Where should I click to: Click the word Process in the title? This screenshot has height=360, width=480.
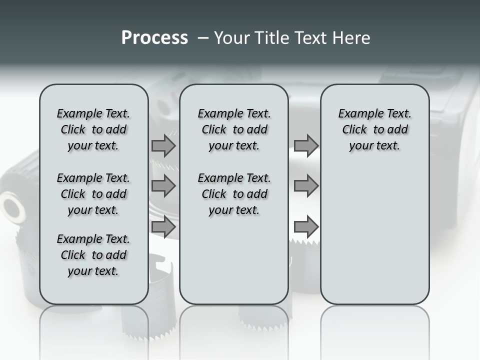tap(154, 38)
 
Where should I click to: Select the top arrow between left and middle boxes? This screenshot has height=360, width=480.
tap(163, 145)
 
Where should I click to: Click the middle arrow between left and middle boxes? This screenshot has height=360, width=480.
tap(163, 186)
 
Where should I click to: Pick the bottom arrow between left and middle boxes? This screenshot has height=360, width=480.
tap(163, 227)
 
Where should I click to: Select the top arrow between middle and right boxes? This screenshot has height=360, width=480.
tap(306, 145)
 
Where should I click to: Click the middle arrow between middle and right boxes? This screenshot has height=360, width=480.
tap(306, 186)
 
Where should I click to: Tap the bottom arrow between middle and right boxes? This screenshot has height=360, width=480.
tap(306, 227)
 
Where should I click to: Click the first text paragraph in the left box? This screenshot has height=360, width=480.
tap(93, 129)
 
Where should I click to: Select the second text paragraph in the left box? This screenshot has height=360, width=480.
tap(93, 194)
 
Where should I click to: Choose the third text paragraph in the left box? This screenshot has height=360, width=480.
tap(93, 255)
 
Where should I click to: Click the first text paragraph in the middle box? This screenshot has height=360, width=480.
tap(234, 129)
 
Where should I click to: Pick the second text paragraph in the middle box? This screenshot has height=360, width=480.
tap(234, 194)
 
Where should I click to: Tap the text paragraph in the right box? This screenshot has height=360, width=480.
tap(374, 129)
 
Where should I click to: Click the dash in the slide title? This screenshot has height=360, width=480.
tap(202, 38)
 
